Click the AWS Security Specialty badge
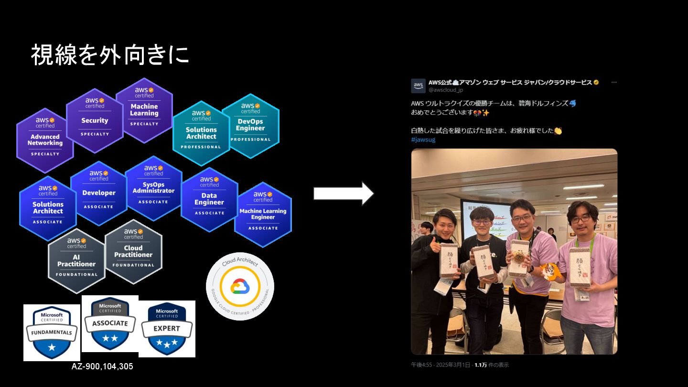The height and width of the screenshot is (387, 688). coord(95,120)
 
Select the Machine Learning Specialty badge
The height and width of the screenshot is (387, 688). coord(144,110)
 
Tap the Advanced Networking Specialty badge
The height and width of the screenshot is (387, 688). coord(45,140)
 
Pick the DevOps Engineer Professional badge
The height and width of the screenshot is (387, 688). coord(250,126)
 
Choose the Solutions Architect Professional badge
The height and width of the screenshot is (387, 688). coord(201,133)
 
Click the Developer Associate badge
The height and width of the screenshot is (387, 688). coord(99,193)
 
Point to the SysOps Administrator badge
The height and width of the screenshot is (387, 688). coord(153,188)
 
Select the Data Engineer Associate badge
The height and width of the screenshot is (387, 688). coord(209,199)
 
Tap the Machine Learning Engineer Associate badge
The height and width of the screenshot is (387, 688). coord(263,215)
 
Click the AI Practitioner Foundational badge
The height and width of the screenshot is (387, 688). coord(76,261)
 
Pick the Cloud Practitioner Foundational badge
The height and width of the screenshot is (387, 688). coord(133,252)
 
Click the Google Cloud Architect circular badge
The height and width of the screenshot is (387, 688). coord(240,286)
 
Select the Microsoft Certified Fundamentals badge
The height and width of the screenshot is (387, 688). coord(52,333)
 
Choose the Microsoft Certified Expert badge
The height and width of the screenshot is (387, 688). coord(167,329)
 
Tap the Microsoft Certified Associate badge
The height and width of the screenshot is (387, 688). coord(110,323)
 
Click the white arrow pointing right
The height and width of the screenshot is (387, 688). coord(344,193)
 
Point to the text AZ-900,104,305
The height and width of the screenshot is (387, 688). coord(102,366)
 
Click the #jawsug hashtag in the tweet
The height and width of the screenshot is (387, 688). coord(423,140)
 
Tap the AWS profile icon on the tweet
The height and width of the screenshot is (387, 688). coord(418,86)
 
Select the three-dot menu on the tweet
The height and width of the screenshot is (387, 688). coord(614,82)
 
